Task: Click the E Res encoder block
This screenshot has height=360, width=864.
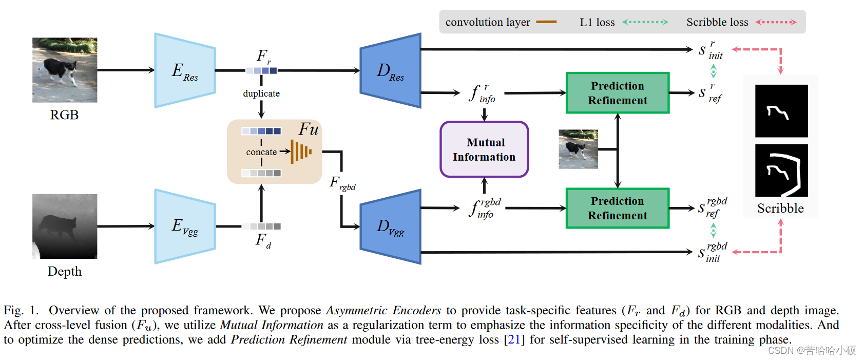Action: point(185,71)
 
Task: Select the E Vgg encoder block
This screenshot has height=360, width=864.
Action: point(185,226)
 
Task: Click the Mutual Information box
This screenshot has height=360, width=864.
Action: point(484,149)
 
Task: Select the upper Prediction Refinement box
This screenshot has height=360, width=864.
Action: point(618,93)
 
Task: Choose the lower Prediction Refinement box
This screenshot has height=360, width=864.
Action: point(618,208)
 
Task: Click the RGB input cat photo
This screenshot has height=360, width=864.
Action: point(65,70)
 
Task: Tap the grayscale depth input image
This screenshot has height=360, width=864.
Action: point(65,226)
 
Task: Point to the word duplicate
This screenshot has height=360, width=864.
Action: point(261,93)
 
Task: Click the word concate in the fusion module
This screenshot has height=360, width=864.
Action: point(261,152)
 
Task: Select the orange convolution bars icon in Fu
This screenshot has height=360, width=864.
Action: point(301,151)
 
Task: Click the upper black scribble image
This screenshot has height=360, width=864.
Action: point(781,111)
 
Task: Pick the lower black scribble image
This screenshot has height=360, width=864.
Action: point(781,170)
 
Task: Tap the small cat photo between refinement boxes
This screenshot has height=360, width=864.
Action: point(578,149)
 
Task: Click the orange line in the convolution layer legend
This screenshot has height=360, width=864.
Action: point(546,22)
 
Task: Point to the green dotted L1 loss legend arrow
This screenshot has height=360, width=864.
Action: point(645,22)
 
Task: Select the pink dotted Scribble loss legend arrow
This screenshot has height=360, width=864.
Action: point(776,22)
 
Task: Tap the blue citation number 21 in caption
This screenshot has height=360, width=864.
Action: point(514,339)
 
